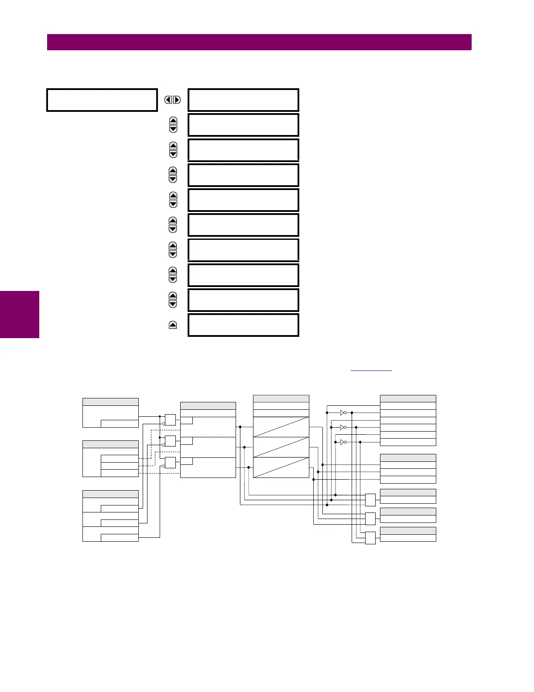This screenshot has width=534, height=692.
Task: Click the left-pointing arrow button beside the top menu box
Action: [168, 100]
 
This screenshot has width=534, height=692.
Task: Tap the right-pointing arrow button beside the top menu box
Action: [177, 100]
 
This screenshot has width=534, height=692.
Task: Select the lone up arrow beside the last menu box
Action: [173, 325]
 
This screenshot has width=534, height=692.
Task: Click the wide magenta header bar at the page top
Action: [259, 42]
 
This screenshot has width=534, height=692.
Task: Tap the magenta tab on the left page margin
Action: [20, 315]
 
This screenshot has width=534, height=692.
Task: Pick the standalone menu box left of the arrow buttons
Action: [102, 100]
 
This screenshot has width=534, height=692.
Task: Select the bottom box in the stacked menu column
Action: [243, 325]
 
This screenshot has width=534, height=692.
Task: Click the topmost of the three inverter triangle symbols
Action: [343, 412]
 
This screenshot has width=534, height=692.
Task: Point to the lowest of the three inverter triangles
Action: [343, 442]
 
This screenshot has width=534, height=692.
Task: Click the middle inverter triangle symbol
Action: [343, 427]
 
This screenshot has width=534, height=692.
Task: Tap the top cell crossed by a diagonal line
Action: [281, 427]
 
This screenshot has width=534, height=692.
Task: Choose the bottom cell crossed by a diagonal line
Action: [281, 467]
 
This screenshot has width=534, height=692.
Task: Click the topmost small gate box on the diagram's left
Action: [170, 420]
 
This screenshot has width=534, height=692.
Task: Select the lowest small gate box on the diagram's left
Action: [170, 463]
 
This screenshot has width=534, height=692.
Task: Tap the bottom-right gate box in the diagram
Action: [370, 538]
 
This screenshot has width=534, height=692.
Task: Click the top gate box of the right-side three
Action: [370, 500]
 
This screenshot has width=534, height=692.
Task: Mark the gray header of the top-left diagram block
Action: [110, 402]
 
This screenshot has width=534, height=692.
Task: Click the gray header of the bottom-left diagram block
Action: [110, 494]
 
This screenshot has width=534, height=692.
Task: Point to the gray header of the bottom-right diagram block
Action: [408, 531]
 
